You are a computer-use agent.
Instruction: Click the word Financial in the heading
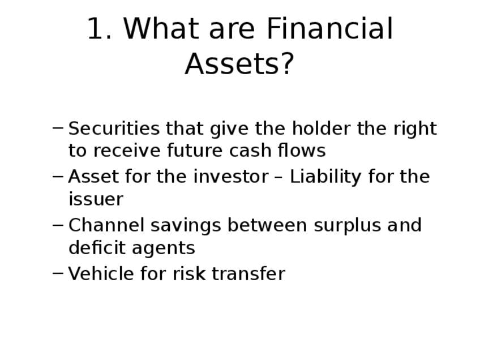(329, 28)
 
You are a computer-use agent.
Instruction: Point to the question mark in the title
(286, 63)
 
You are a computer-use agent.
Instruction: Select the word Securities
(114, 128)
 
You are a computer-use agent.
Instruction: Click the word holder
(321, 128)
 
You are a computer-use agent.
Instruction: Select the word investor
(231, 177)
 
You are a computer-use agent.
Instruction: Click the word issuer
(96, 199)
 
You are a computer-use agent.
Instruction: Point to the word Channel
(106, 225)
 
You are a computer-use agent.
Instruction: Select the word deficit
(97, 247)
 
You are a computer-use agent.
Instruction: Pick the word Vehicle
(101, 273)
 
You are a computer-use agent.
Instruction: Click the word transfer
(248, 273)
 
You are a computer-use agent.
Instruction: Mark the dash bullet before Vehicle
(58, 273)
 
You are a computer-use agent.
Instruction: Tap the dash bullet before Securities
(58, 128)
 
